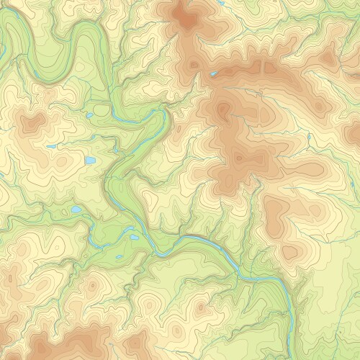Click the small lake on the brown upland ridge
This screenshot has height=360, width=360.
tap(213, 73)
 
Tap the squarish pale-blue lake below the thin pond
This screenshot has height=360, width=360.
tap(90, 161)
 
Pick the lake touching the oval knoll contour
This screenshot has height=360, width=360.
tap(89, 115)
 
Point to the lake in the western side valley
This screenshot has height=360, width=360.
tap(76, 210)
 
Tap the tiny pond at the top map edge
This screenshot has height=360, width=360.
tap(217, 2)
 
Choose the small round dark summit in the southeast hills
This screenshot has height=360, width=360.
tap(289, 252)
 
